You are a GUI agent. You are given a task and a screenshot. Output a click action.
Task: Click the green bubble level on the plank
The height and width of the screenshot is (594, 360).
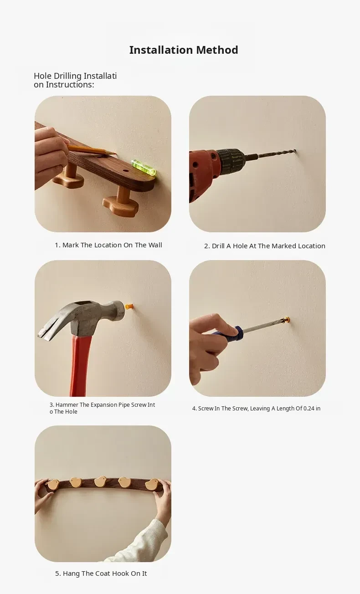144,167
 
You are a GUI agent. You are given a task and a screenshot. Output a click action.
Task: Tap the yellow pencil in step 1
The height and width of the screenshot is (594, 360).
92,149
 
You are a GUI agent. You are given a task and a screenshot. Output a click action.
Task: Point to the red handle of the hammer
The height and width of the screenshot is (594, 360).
81,366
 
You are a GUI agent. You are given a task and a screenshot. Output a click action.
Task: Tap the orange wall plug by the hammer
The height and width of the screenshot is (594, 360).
129,307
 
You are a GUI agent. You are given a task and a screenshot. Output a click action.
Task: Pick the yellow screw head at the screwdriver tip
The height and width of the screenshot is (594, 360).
287,320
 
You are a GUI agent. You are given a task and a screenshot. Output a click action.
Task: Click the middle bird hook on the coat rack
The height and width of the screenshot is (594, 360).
101,481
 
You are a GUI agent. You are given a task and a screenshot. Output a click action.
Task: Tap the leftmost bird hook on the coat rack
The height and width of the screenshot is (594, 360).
52,485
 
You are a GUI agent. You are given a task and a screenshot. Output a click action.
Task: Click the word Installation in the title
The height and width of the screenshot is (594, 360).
161,50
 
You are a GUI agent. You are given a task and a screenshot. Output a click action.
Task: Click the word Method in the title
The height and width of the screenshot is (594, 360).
217,50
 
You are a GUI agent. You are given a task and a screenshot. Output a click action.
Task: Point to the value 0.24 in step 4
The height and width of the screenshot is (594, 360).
309,408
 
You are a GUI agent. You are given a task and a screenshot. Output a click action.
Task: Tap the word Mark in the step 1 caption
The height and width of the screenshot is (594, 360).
71,245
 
